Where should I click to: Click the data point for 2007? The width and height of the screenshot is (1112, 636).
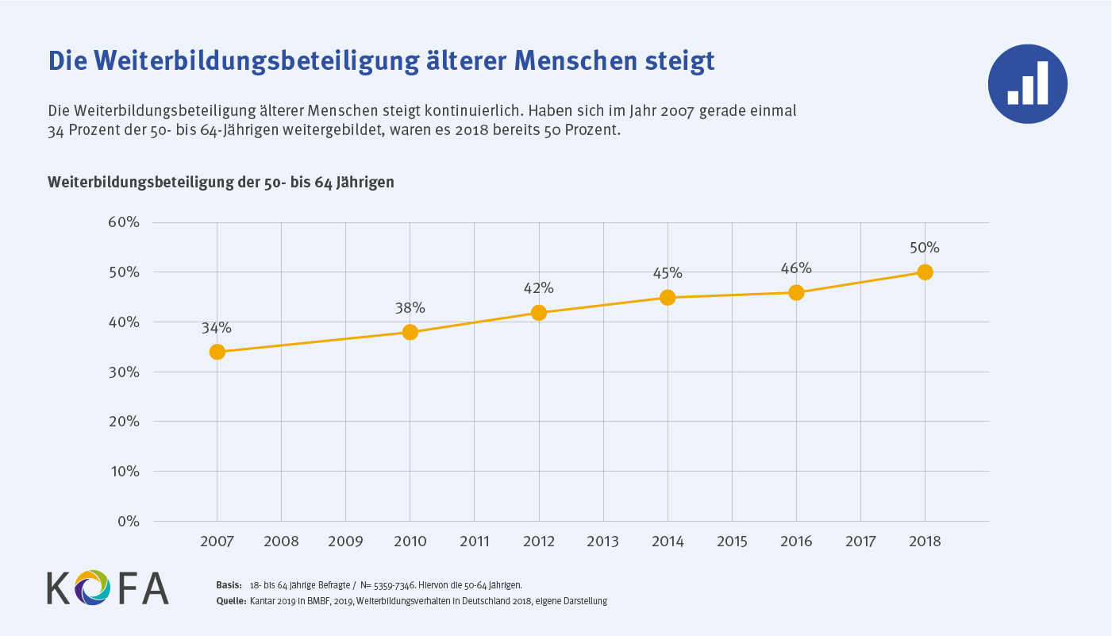[217, 352]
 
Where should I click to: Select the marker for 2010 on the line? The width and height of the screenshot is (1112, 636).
[410, 332]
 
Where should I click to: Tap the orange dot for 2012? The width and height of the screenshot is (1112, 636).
[539, 312]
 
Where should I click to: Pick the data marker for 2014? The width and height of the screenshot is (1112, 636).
[668, 298]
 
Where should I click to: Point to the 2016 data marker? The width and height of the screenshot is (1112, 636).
[796, 292]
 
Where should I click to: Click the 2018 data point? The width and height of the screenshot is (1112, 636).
[925, 272]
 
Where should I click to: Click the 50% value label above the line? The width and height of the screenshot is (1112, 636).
[925, 248]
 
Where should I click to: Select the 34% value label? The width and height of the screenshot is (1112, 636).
[216, 327]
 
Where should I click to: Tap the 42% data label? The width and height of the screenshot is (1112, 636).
[538, 287]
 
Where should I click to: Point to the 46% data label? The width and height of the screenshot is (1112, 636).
[796, 268]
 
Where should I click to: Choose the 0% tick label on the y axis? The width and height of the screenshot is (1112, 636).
[127, 522]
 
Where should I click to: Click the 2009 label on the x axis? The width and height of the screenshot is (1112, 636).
[345, 542]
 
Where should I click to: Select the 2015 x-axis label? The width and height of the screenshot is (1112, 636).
[732, 542]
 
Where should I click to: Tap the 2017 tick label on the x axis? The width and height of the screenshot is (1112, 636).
[860, 542]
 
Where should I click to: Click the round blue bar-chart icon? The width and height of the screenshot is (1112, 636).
[1027, 83]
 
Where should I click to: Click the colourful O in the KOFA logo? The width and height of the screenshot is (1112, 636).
[93, 587]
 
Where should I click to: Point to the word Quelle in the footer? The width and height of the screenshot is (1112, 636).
[230, 601]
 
